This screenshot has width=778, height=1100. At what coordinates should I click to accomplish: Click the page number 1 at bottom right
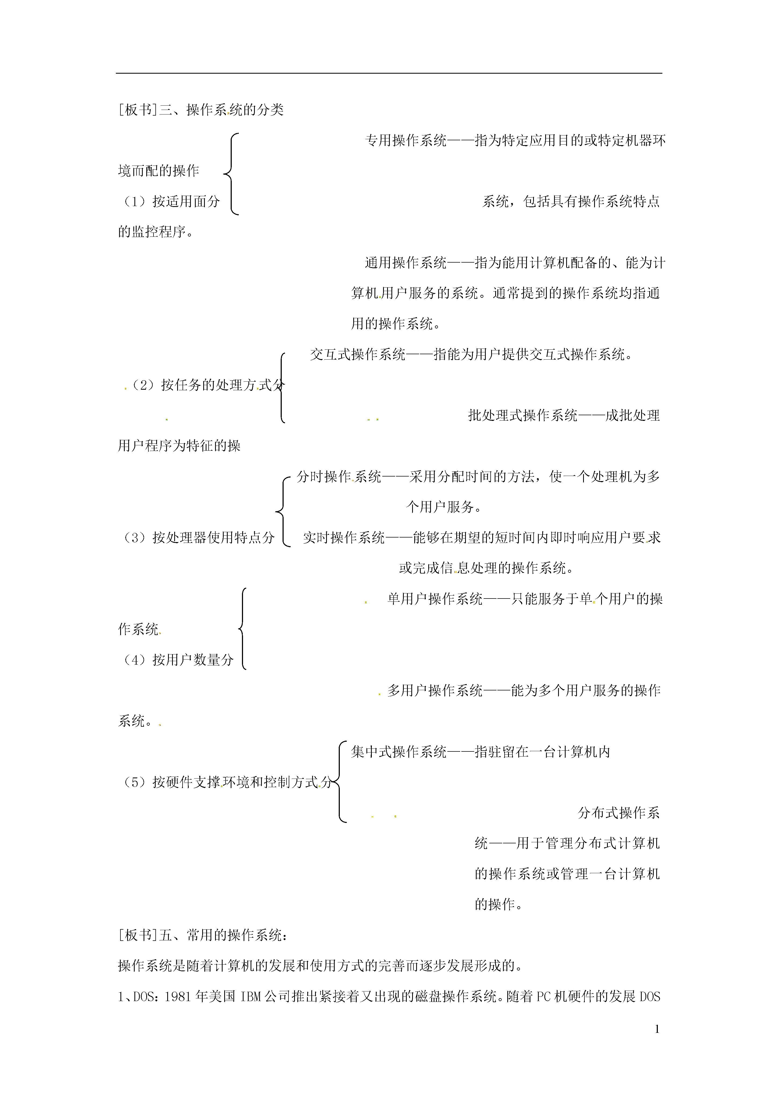pyautogui.click(x=657, y=1029)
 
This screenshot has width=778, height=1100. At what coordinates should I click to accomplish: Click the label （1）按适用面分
pyautogui.click(x=169, y=201)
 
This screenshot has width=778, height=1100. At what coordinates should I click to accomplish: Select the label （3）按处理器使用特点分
pyautogui.click(x=197, y=538)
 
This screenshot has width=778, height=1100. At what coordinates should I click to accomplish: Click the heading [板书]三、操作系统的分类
pyautogui.click(x=201, y=110)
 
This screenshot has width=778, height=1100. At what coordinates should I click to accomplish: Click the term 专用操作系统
pyautogui.click(x=406, y=140)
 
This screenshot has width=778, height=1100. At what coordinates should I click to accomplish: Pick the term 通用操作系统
pyautogui.click(x=406, y=263)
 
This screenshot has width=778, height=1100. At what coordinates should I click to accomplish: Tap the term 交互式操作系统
pyautogui.click(x=358, y=354)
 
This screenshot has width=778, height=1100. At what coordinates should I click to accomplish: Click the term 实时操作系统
pyautogui.click(x=344, y=538)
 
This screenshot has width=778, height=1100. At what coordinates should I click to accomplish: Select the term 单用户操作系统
pyautogui.click(x=435, y=599)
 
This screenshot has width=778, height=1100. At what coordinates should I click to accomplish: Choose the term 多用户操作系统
pyautogui.click(x=435, y=690)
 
